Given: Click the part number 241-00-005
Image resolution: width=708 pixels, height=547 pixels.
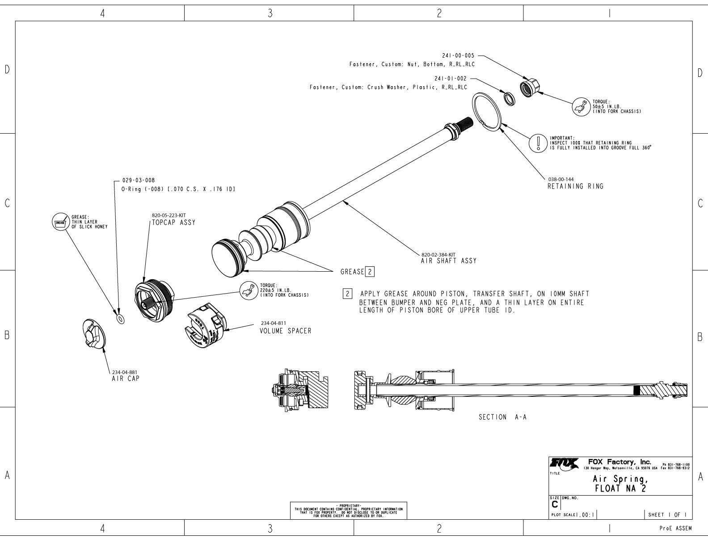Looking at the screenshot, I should coord(458,56).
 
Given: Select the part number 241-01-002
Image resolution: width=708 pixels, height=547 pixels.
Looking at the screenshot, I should coord(450,79).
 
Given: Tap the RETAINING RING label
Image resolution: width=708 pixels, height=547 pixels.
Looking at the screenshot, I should coord(575,186).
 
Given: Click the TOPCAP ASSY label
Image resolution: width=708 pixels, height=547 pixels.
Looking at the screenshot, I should coord(174,223).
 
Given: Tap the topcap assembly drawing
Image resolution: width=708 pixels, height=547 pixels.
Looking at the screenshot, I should coord(152,302).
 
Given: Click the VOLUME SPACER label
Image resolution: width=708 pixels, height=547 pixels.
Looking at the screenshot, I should coord(285,331).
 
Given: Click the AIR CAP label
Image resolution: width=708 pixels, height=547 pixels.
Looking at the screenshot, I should coord(126,379).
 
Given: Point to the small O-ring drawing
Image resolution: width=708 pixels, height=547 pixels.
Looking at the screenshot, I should coord(120,319).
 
